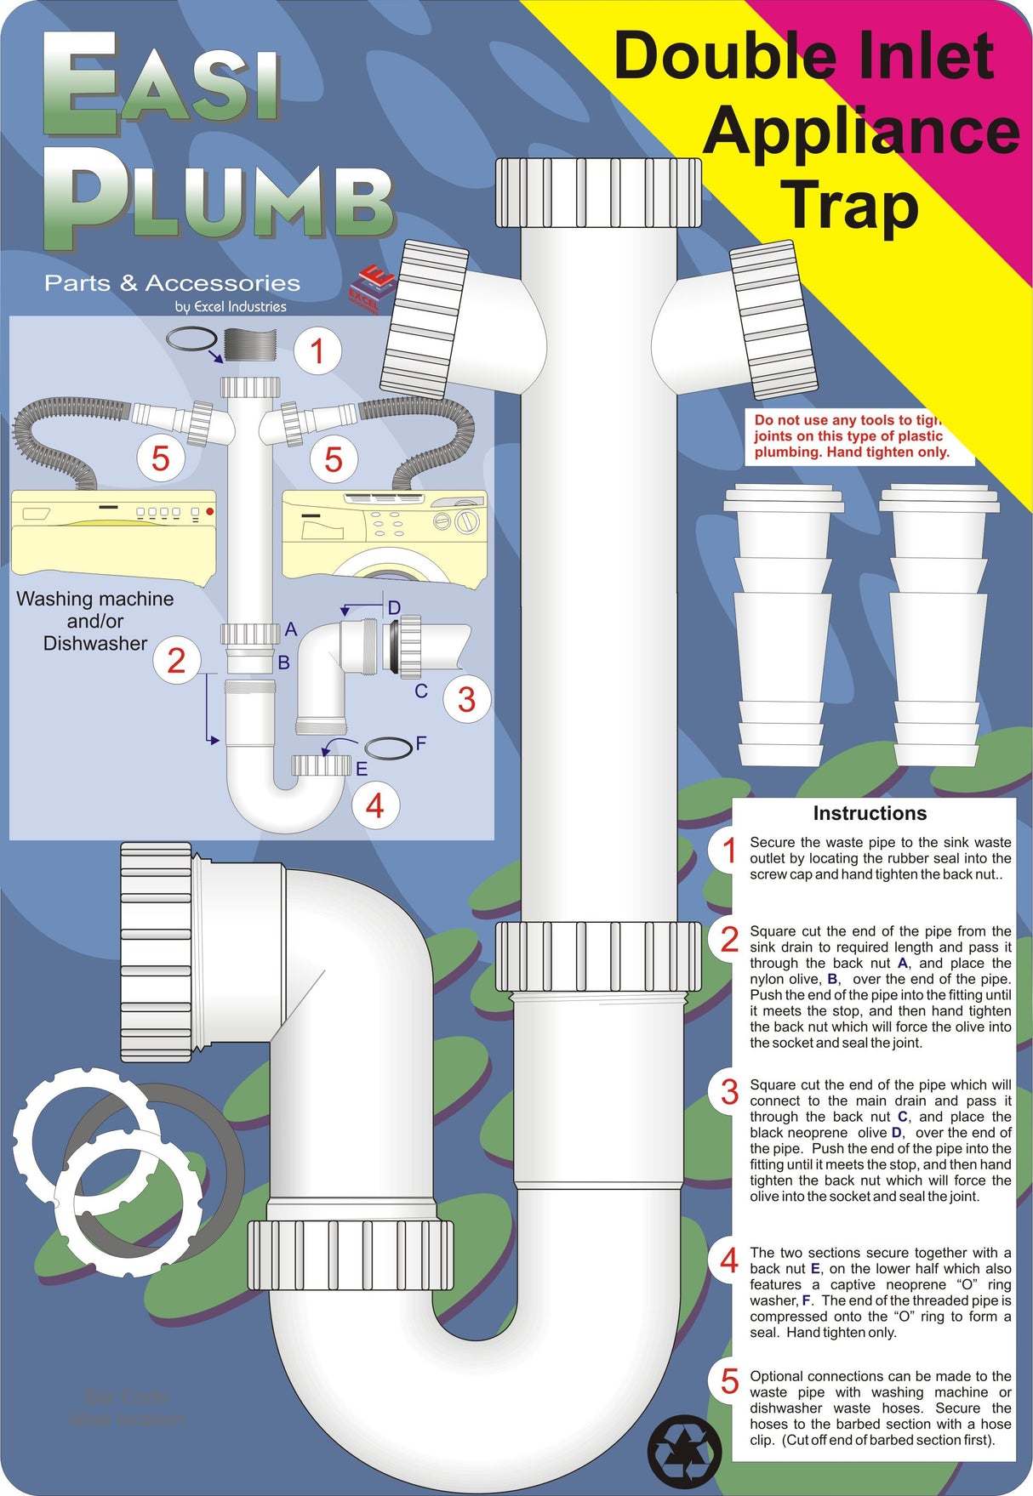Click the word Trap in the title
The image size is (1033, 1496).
(851, 206)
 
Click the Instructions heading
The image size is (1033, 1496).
(869, 813)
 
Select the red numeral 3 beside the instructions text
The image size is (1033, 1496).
(729, 1092)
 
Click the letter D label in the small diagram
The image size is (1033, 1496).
(394, 607)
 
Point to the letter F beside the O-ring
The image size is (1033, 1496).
(420, 744)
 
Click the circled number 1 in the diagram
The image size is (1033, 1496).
(317, 351)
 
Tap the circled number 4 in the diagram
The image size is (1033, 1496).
(374, 805)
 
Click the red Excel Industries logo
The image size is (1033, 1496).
(372, 287)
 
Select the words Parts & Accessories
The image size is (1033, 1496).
(172, 283)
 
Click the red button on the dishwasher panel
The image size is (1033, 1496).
(209, 512)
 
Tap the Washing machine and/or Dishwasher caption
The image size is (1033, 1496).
(95, 621)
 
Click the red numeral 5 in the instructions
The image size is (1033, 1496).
(729, 1382)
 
